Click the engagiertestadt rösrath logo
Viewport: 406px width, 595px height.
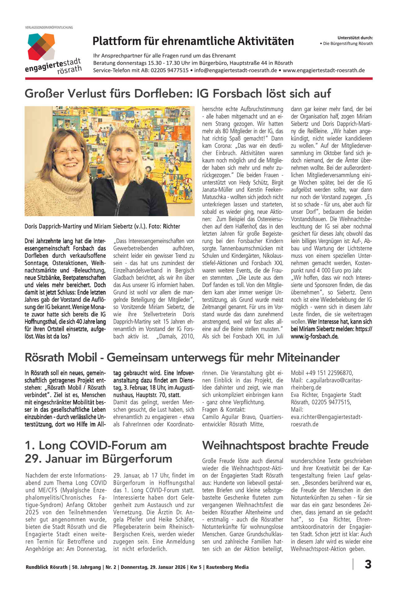pyautogui.click(x=53, y=54)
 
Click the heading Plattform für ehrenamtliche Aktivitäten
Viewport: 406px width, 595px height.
pyautogui.click(x=193, y=41)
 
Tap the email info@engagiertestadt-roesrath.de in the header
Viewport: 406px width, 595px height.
pyautogui.click(x=236, y=70)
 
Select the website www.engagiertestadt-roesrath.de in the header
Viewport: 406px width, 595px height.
pyautogui.click(x=324, y=70)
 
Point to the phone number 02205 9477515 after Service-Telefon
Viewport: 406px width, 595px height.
pyautogui.click(x=170, y=70)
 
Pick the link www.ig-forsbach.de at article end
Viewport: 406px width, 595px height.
pyautogui.click(x=314, y=336)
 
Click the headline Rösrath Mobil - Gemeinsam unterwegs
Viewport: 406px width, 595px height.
pyautogui.click(x=182, y=357)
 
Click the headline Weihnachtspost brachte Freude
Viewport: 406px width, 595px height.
pyautogui.click(x=285, y=446)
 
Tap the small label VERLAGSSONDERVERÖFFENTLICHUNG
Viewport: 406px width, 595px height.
pyautogui.click(x=49, y=28)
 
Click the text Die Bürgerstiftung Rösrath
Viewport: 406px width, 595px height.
pyautogui.click(x=348, y=44)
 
